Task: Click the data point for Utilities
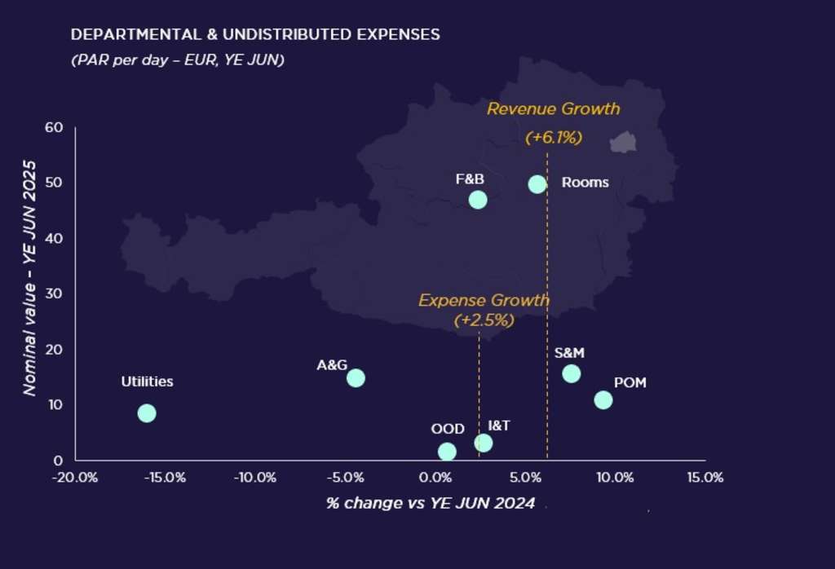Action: (147, 413)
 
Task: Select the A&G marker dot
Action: (356, 378)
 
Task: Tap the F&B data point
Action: (478, 200)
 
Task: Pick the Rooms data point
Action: (537, 184)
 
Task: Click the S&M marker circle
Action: (572, 374)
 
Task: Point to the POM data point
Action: (603, 400)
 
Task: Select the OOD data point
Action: (447, 452)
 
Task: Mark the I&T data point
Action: (484, 443)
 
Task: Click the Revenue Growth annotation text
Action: (554, 109)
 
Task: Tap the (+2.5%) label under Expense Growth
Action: (484, 320)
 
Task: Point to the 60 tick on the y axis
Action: (54, 128)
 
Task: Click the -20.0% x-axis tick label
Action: (75, 478)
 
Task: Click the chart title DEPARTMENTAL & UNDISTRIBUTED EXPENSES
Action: (255, 35)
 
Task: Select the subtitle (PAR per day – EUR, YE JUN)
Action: (178, 60)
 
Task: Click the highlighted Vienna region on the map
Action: (623, 142)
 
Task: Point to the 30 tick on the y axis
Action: (55, 294)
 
